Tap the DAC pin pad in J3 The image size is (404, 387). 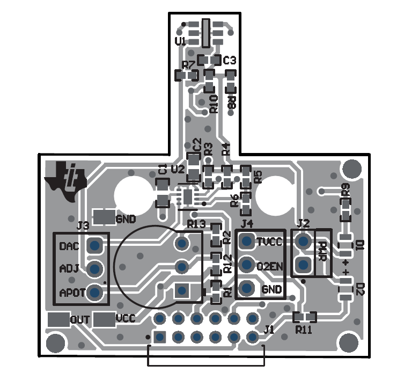[x=95, y=246]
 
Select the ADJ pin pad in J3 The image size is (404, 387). [x=95, y=268]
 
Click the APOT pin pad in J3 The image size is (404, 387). [x=95, y=293]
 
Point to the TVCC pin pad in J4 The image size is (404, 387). [x=247, y=241]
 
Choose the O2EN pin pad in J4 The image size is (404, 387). [x=247, y=265]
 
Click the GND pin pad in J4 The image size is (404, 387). [x=247, y=289]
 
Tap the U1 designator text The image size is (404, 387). [x=181, y=41]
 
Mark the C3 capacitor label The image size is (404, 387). [x=230, y=60]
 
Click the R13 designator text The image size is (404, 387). [x=196, y=223]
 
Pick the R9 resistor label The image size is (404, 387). [x=346, y=188]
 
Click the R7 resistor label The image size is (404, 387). [x=188, y=65]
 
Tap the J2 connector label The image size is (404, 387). [x=303, y=223]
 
